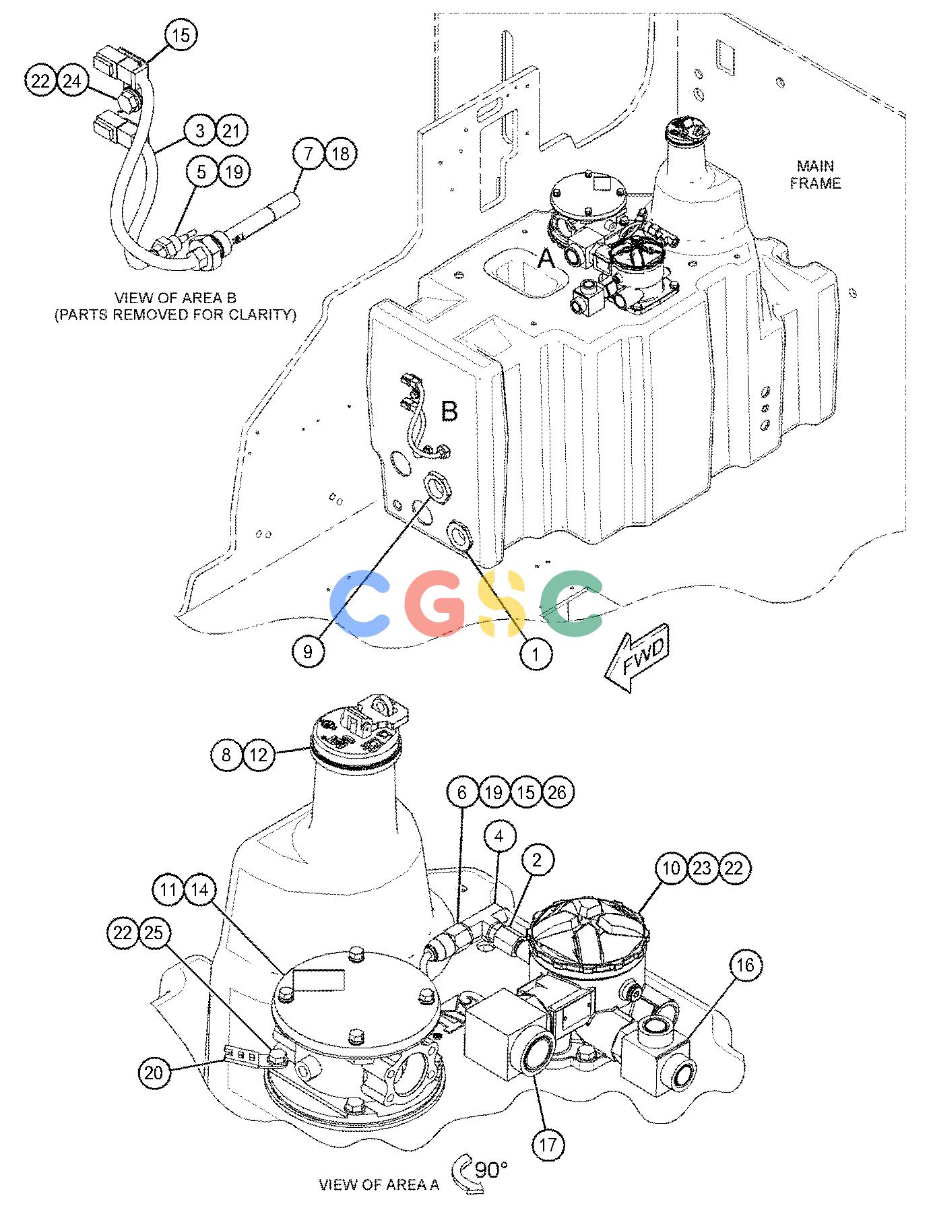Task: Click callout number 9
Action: tap(308, 651)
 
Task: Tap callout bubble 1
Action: tap(536, 653)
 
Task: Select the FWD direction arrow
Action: tap(636, 662)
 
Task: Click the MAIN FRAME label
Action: tap(815, 174)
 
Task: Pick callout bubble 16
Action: tap(745, 965)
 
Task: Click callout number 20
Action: tap(154, 1071)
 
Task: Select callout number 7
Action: tap(309, 154)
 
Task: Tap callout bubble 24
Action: tap(73, 81)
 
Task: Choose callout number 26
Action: tap(558, 792)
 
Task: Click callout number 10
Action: tap(671, 868)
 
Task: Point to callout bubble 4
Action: tap(499, 837)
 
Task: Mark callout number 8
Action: tap(226, 755)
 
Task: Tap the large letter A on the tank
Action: tap(546, 257)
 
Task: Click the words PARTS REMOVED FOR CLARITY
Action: tap(175, 314)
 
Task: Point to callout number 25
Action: tap(155, 934)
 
